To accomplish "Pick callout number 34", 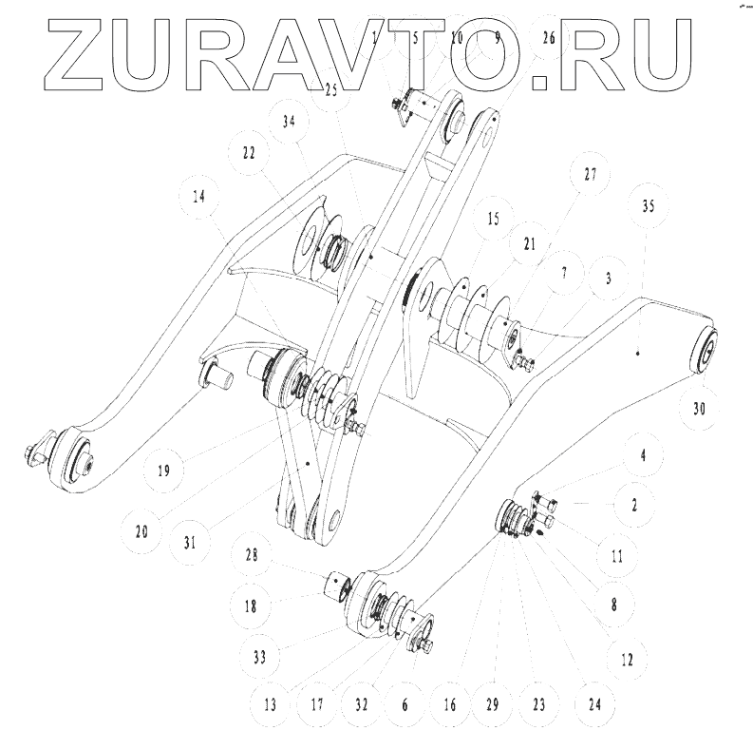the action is point(288,121).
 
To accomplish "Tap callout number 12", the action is point(626,657).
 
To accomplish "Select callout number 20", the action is point(141,533).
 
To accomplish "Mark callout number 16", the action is point(451,705).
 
